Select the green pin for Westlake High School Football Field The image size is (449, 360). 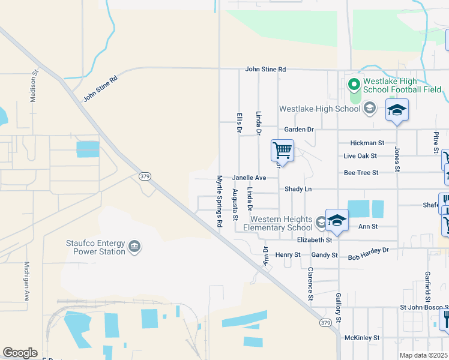tap(354, 84)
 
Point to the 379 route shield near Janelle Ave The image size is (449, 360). tap(144, 176)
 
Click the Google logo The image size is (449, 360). tap(20, 353)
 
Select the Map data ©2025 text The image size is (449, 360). tap(423, 355)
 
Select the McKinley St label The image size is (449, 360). tap(363, 338)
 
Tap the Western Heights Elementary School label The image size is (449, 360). tap(282, 223)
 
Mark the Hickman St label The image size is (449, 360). tap(368, 143)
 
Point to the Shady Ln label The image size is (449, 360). tap(299, 188)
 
